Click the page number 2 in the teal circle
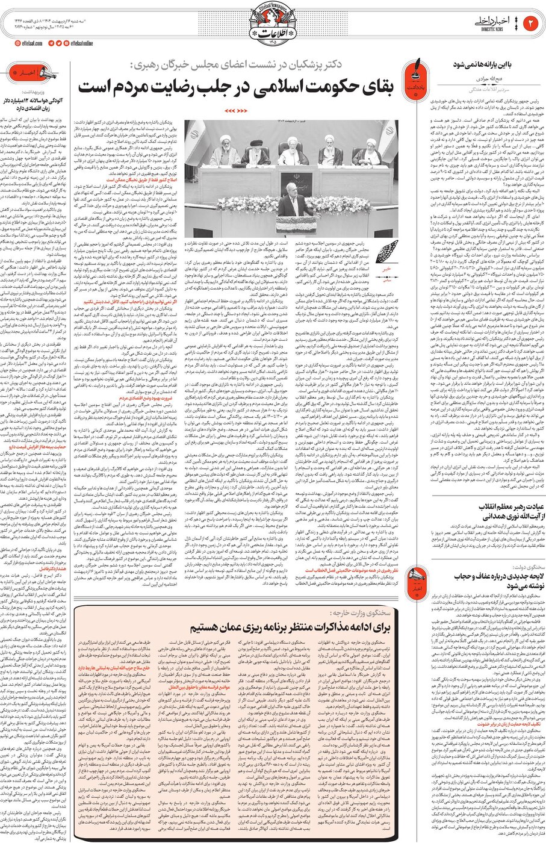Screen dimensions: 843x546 [532, 23]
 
